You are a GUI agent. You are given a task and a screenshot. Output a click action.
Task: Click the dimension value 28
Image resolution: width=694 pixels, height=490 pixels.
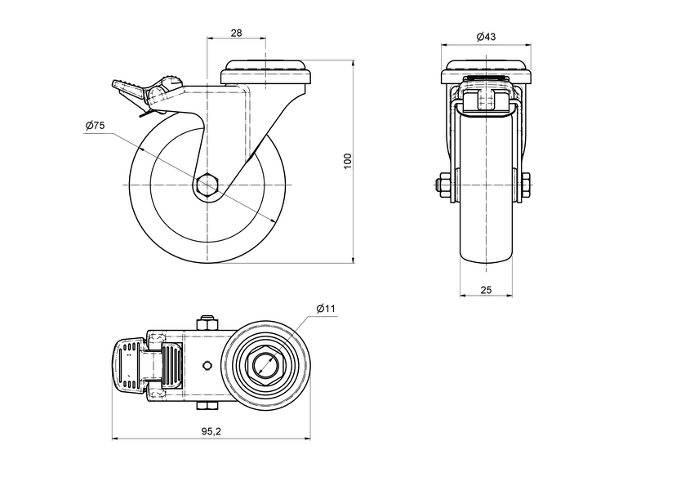237,33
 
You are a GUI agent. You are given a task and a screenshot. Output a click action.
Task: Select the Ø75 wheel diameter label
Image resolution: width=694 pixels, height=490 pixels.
94,126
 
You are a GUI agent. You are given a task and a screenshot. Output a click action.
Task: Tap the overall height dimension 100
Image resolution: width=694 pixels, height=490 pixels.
347,161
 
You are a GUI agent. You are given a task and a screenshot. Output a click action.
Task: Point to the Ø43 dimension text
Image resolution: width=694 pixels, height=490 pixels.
486,37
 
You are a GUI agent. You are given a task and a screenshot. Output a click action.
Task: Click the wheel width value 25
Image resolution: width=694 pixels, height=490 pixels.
486,290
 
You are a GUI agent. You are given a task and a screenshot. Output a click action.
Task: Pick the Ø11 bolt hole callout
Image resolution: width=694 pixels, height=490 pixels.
326,308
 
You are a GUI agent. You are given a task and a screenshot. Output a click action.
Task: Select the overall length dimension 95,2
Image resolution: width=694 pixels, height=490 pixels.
210,431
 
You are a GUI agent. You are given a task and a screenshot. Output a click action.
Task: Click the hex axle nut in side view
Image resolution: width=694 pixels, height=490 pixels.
208,185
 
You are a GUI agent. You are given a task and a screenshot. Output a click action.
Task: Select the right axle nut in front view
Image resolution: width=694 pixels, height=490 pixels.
527,185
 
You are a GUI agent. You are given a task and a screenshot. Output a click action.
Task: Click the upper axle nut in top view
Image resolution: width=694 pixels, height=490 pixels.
207,321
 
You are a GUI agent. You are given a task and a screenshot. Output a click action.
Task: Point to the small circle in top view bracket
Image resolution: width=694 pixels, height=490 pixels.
207,364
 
